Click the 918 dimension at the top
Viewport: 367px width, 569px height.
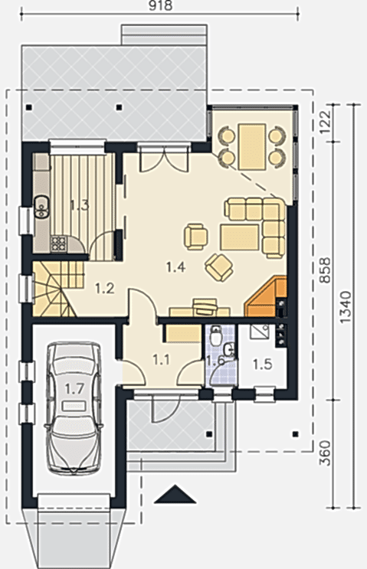coord(161,6)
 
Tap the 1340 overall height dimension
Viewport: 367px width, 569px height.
coord(346,307)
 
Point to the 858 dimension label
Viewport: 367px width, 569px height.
coord(325,270)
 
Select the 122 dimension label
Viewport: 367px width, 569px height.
coord(326,121)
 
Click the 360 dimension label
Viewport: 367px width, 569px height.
coord(326,453)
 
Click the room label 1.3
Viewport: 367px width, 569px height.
coord(79,206)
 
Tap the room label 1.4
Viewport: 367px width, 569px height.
coord(175,267)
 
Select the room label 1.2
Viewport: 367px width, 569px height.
coord(104,289)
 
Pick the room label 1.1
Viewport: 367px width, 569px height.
coord(161,360)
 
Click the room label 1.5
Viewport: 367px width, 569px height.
coord(263,364)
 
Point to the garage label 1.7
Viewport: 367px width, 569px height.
coord(74,389)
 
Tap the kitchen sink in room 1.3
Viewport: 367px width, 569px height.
coord(42,207)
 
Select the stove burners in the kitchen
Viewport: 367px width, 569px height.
coord(58,244)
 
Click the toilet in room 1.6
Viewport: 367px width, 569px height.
coord(216,335)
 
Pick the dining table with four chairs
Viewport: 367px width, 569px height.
coord(252,146)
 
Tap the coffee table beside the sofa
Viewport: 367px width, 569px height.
coord(239,237)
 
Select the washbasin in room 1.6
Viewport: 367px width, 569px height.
coord(229,349)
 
